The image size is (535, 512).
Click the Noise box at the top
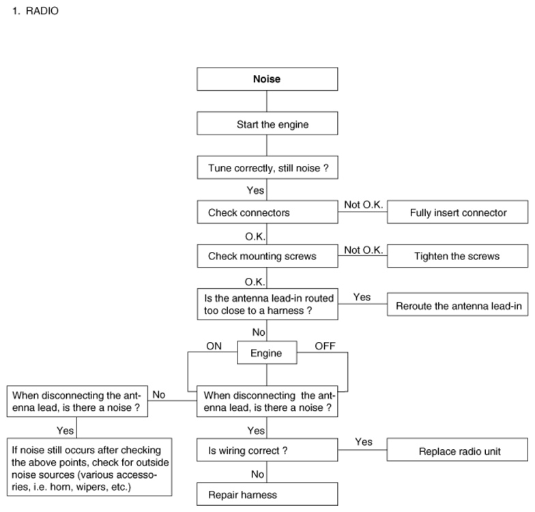point(267,79)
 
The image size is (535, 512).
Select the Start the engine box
point(267,123)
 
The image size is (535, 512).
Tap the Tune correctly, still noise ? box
point(267,168)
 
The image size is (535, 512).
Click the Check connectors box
point(267,212)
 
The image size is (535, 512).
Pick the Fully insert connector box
point(457,212)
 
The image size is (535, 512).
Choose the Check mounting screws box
point(267,256)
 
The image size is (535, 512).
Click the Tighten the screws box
point(457,256)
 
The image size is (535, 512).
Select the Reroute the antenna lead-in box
point(457,304)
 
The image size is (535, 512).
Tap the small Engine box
point(267,352)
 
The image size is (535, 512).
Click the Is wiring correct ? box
point(267,451)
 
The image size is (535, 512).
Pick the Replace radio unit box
point(457,450)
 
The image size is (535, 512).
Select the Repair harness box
point(267,494)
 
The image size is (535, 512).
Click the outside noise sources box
point(89,467)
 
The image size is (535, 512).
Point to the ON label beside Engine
point(214,346)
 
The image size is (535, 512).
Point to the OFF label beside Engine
point(325,346)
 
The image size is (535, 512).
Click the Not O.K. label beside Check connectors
point(363,205)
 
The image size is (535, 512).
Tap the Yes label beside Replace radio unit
point(363,442)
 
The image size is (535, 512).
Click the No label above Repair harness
point(258,474)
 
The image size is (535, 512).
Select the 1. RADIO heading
point(35,11)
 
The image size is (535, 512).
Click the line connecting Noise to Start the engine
point(267,101)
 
